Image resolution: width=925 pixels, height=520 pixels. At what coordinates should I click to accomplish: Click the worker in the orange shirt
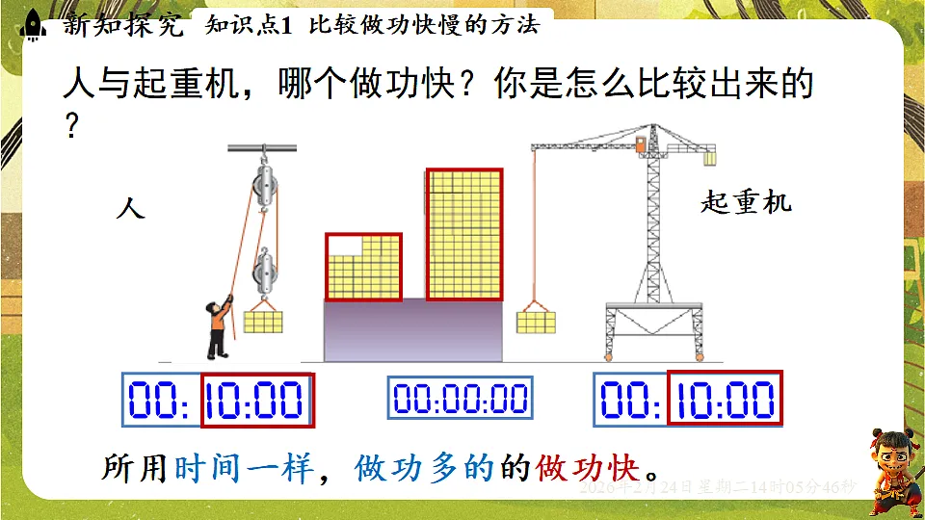point(218,327)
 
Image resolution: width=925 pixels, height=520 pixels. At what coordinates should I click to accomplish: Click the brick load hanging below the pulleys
point(262,318)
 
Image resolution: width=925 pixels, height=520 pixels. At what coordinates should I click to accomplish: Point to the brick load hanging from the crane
point(536,321)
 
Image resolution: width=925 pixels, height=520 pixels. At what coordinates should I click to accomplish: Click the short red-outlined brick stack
point(363,267)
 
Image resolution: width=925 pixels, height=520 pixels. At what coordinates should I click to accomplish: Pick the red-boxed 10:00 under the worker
point(257,400)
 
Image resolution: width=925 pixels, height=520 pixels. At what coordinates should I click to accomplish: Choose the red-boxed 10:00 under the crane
point(725,400)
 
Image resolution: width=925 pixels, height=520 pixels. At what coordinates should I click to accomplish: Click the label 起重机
point(745,202)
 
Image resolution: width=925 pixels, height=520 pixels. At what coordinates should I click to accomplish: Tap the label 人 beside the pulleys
point(130,207)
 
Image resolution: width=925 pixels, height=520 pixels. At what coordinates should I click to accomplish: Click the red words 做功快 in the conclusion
point(591,469)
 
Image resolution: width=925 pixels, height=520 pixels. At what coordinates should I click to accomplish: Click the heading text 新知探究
point(122,25)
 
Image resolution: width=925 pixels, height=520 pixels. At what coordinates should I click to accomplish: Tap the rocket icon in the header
point(32,24)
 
